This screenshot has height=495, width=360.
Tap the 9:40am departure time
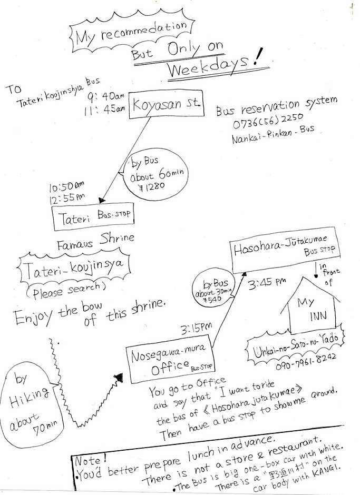(106, 97)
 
